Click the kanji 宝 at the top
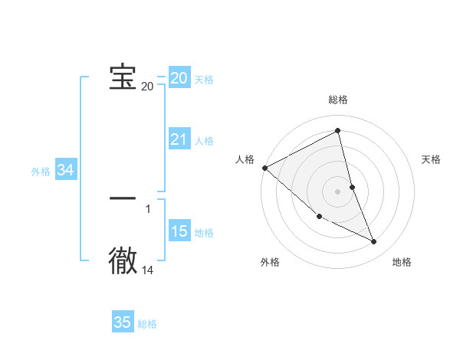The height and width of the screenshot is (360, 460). (x=123, y=77)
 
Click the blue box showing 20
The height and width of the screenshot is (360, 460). (x=179, y=78)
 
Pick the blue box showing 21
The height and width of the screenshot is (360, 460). (x=179, y=139)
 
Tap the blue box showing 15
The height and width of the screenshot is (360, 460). (x=179, y=231)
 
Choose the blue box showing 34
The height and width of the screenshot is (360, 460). (x=65, y=171)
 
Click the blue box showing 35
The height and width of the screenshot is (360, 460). (x=123, y=322)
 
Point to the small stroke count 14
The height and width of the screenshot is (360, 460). (x=147, y=270)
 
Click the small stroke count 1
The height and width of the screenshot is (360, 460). (x=147, y=208)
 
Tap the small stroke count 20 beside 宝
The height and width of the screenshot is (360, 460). (x=147, y=86)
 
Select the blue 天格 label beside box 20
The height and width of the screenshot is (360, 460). (x=204, y=80)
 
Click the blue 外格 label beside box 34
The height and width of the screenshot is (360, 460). (x=41, y=172)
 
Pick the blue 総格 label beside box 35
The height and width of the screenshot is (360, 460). (x=147, y=324)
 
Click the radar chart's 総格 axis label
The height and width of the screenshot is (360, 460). (x=338, y=100)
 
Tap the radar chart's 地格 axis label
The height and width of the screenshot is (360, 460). (x=402, y=262)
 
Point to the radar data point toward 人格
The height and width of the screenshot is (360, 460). (x=264, y=168)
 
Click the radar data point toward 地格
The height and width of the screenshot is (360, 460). (x=374, y=242)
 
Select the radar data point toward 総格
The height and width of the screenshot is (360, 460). (x=338, y=130)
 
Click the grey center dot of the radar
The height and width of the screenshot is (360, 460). (x=338, y=191)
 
